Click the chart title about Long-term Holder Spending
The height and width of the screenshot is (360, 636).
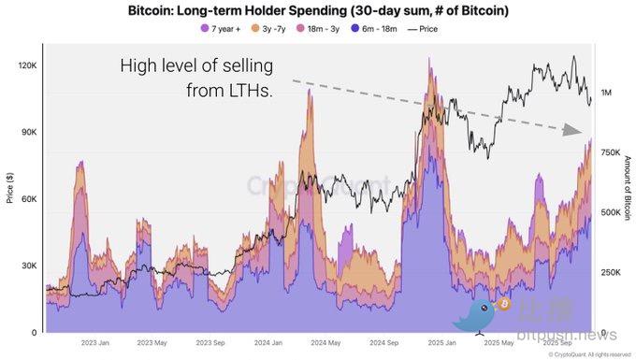tap(318, 10)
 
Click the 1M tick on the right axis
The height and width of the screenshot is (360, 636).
tap(608, 93)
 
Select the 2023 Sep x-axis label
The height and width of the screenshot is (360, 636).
tap(210, 342)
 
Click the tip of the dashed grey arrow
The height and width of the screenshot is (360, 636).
tap(581, 134)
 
